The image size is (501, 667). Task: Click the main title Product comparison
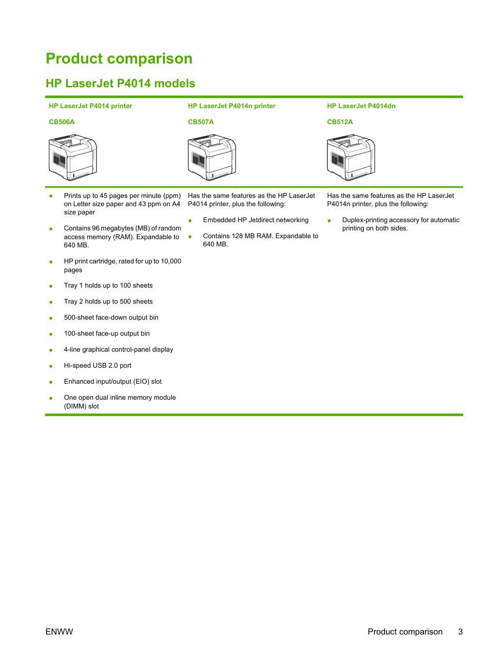[x=119, y=58]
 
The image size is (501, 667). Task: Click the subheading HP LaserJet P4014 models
[x=120, y=83]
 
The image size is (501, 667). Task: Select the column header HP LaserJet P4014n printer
[x=231, y=106]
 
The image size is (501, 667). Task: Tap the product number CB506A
[x=62, y=122]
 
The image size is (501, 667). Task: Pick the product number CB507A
[x=200, y=122]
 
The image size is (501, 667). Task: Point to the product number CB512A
[x=339, y=122]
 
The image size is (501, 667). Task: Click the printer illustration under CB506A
[x=73, y=157]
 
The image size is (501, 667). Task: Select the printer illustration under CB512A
[x=351, y=157]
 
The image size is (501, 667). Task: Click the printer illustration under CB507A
[x=212, y=157]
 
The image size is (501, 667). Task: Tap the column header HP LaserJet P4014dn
[x=361, y=106]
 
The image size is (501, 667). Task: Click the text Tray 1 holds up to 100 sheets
[x=108, y=285]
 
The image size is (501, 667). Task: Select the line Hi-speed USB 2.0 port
[x=97, y=365]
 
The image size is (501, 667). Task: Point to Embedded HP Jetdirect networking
[x=256, y=220]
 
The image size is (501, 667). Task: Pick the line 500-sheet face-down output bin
[x=111, y=317]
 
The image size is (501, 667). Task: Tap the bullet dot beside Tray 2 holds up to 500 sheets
[x=51, y=302]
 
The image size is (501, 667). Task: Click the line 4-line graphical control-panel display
[x=118, y=349]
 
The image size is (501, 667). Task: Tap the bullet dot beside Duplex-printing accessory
[x=329, y=221]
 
